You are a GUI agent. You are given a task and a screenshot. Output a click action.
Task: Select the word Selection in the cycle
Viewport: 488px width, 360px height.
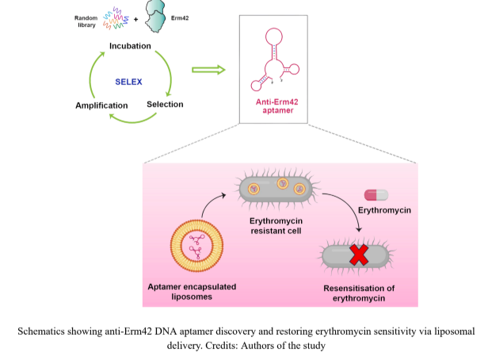tap(165, 104)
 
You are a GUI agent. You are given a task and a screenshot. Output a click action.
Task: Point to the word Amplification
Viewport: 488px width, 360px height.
tap(101, 105)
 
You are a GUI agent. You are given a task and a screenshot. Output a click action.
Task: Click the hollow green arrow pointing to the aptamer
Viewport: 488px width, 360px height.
tap(208, 70)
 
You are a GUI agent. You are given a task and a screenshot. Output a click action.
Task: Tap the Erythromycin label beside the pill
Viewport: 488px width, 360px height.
tap(385, 212)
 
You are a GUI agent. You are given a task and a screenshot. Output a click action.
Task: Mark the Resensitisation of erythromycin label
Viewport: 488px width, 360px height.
tap(358, 293)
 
